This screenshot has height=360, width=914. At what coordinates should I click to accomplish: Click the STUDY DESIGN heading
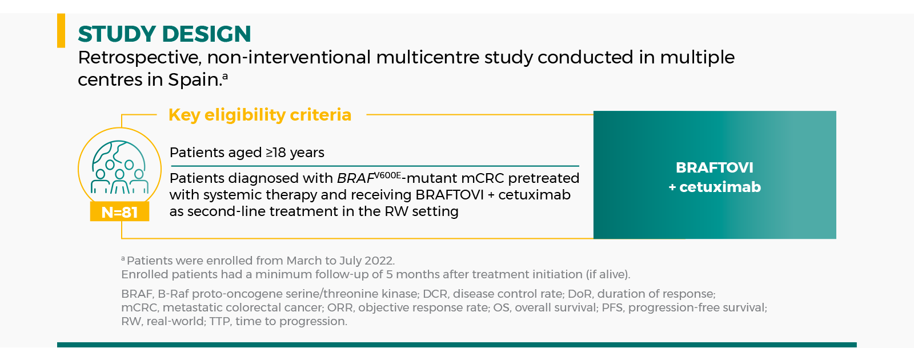pyautogui.click(x=164, y=34)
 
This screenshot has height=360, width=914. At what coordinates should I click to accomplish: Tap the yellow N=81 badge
pyautogui.click(x=119, y=212)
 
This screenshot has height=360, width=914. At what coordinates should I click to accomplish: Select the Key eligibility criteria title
pyautogui.click(x=260, y=115)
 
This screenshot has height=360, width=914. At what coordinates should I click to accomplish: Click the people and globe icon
pyautogui.click(x=119, y=167)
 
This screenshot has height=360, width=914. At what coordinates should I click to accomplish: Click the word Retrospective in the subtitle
pyautogui.click(x=139, y=58)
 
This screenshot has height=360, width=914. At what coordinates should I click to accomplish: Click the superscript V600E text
pyautogui.click(x=388, y=175)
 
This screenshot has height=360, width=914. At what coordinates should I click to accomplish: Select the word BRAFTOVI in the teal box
pyautogui.click(x=715, y=167)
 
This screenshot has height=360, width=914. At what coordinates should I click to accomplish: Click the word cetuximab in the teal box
pyautogui.click(x=720, y=187)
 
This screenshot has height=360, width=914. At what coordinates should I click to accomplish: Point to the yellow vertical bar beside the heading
pyautogui.click(x=61, y=31)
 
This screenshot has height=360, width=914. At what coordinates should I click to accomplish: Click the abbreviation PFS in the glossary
pyautogui.click(x=612, y=307)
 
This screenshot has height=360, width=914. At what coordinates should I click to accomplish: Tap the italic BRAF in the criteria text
pyautogui.click(x=355, y=178)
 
